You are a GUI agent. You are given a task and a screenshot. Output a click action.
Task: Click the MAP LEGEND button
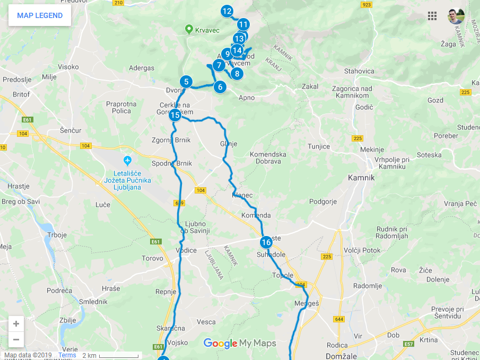(x=40, y=15)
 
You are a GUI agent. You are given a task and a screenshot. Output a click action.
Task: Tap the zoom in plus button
(x=16, y=324)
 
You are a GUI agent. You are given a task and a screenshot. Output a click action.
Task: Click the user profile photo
(x=456, y=16)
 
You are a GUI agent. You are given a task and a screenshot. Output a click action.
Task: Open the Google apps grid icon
(x=432, y=16)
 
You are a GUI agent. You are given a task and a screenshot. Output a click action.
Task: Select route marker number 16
(x=266, y=242)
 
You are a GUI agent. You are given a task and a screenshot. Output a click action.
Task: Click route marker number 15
(x=175, y=115)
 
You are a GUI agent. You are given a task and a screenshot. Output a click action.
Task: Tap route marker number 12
(x=227, y=11)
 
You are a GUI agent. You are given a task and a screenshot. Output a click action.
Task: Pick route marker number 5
(x=186, y=82)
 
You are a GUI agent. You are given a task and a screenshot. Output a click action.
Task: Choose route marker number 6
(x=220, y=86)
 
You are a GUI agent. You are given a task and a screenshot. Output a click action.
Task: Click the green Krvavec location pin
(x=188, y=29)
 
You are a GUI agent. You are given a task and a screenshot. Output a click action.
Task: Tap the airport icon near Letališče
(x=127, y=160)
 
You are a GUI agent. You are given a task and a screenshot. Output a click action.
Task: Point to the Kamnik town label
(x=361, y=178)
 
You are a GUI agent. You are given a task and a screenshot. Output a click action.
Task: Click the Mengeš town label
(x=306, y=304)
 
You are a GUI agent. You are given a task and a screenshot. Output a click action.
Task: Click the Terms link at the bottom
(x=67, y=355)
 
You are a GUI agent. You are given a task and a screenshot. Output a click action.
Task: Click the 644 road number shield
(x=339, y=319)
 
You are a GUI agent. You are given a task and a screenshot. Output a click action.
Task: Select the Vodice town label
(x=186, y=250)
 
